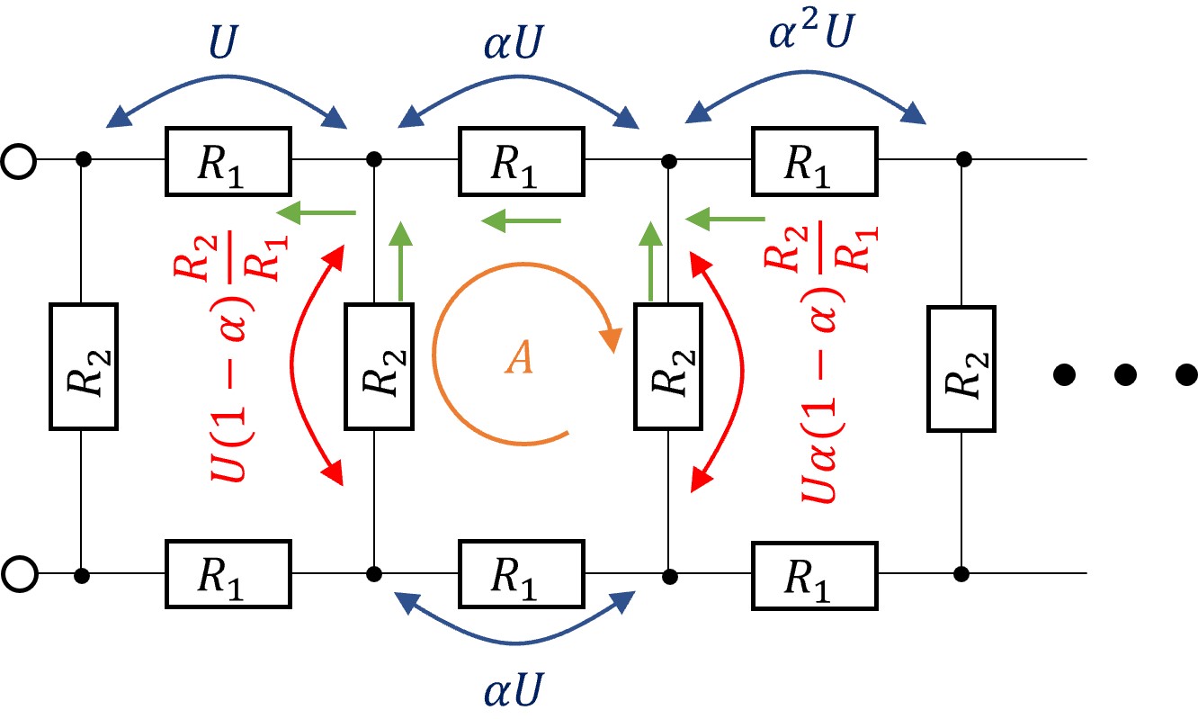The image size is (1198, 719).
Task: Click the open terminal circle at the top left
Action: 19,160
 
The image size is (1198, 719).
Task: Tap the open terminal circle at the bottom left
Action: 19,574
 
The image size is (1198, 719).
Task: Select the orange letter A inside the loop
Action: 519,357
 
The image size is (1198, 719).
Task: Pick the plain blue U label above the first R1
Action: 223,41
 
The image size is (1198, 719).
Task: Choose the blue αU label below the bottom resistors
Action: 514,688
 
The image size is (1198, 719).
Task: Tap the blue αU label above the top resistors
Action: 514,41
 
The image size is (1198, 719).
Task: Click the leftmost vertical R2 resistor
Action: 84,366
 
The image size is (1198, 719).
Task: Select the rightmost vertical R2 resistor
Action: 961,369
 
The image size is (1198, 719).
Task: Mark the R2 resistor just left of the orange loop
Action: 380,366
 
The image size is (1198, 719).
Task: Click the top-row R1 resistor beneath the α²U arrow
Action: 815,162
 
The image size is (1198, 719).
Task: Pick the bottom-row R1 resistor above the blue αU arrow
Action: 522,574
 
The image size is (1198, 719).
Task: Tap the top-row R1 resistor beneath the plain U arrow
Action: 228,162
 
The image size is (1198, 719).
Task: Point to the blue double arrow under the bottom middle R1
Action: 514,641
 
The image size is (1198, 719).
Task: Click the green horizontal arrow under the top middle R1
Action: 521,220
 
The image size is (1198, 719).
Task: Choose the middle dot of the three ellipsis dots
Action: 1125,374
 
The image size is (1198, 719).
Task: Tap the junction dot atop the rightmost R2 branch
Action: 964,159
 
